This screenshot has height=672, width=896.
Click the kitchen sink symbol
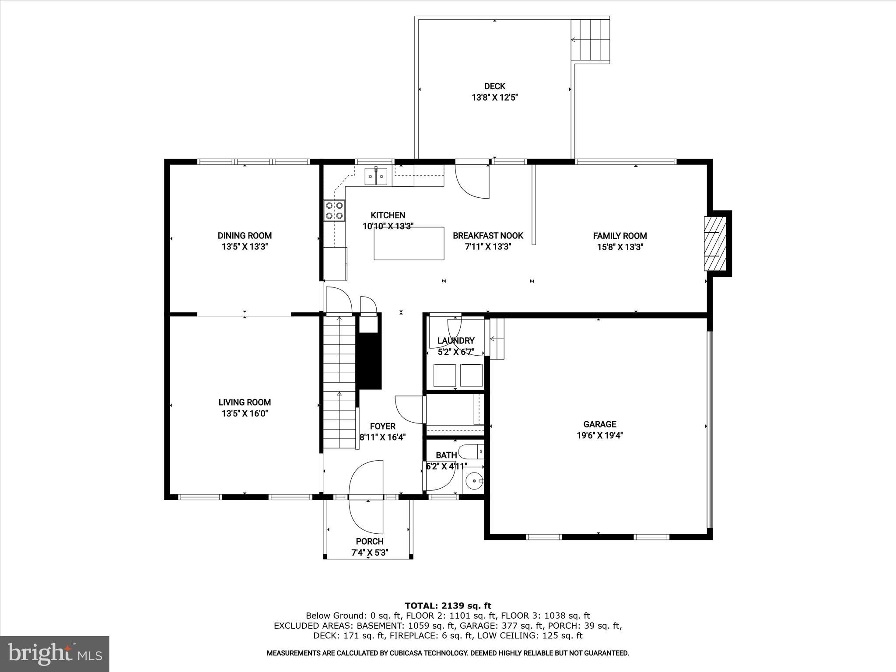(376, 176)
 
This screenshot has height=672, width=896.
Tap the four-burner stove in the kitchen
(335, 210)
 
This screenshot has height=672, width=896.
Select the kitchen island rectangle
(409, 243)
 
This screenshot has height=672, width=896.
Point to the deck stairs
(591, 40)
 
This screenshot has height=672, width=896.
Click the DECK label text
(495, 86)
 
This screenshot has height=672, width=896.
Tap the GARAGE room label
(600, 424)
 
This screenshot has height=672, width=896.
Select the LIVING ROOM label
(245, 402)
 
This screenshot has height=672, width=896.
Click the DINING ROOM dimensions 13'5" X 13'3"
(245, 247)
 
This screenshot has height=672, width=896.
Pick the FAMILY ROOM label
(620, 236)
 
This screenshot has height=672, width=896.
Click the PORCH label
(370, 542)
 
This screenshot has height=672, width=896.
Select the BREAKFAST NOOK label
(488, 236)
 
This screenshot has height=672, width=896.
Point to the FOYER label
(383, 426)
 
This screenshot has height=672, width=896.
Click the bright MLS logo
(55, 654)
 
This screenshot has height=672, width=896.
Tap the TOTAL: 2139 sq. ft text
(448, 606)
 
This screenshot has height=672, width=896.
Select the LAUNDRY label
(456, 341)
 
